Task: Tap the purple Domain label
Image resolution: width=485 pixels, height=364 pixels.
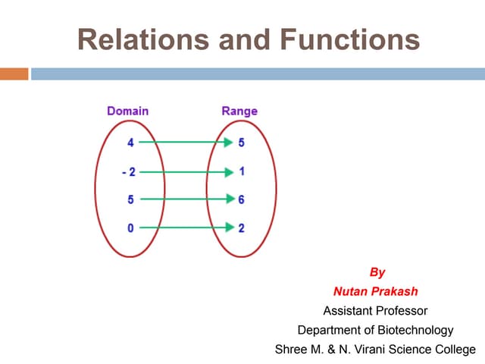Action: point(127,111)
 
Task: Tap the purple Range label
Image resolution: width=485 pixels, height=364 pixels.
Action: point(239,111)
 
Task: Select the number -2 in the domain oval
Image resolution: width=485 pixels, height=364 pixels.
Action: point(129,171)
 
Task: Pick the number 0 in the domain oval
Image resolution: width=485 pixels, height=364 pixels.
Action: point(131,227)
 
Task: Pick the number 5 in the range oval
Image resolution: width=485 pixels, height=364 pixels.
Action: point(241,142)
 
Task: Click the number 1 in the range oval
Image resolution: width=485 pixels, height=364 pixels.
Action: point(241,171)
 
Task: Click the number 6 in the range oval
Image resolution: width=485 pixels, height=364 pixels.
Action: point(241,199)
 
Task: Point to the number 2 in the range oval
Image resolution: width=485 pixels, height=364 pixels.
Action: point(241,227)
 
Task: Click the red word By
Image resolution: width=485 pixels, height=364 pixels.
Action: point(377,272)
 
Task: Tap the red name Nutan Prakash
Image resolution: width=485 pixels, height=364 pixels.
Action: point(375,291)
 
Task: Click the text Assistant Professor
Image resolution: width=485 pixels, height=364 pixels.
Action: point(375,311)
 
